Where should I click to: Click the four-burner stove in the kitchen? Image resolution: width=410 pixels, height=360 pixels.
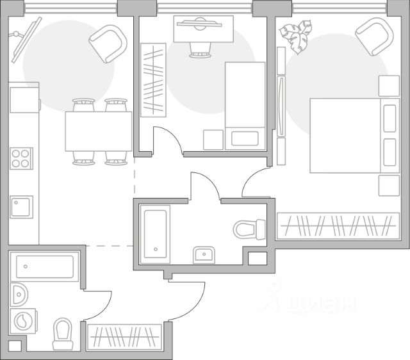22,158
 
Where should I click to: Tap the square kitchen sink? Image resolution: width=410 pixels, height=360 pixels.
22,207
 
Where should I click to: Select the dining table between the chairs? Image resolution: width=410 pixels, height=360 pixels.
98,131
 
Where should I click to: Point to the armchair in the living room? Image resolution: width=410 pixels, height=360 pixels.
108,44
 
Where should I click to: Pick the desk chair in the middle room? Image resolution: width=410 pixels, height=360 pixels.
199,49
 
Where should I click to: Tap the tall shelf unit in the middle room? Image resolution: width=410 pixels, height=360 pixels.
153,79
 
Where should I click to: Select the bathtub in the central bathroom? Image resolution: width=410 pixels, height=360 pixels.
156,233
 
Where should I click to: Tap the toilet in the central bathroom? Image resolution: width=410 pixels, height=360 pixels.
249,229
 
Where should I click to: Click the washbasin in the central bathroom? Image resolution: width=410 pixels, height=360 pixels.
205,254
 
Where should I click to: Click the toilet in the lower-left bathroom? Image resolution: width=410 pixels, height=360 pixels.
63,334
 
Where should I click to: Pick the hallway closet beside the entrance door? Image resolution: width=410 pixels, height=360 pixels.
124,336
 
